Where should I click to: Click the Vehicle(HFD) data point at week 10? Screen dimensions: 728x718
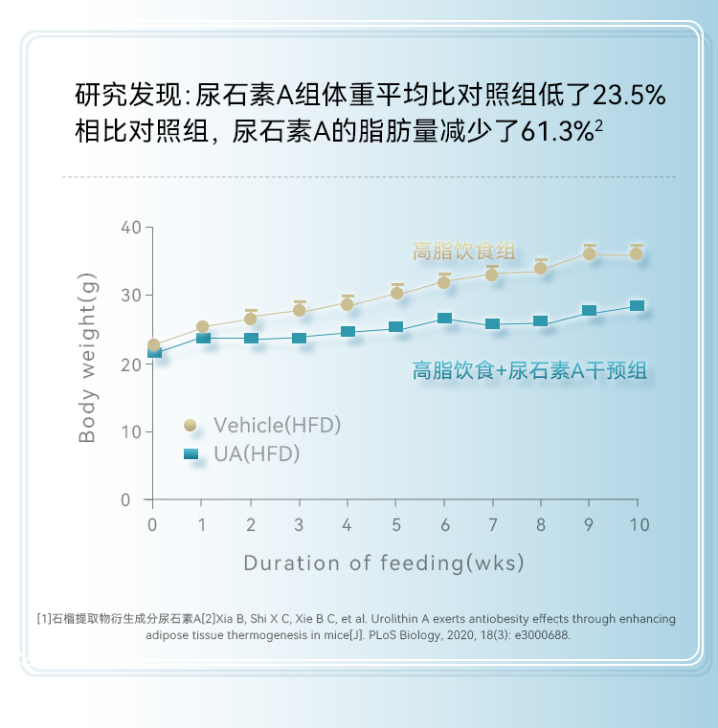point(637,254)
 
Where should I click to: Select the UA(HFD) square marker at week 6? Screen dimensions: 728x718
point(444,319)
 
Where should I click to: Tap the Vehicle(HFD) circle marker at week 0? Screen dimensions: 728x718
point(153,344)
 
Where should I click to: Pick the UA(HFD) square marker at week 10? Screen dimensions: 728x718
point(637,306)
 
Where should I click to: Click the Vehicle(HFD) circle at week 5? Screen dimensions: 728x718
point(396,292)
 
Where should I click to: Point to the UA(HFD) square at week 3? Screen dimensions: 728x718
point(299,338)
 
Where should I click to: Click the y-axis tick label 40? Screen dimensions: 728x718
point(131,228)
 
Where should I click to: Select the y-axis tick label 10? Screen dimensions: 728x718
point(131,431)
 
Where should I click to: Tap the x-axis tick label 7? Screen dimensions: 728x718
point(492,524)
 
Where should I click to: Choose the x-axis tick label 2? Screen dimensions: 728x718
point(251,524)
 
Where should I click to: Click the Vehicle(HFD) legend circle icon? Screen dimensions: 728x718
point(191,425)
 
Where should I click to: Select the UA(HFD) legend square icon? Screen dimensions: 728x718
point(191,453)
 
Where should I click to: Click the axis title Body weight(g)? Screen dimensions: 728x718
point(88,358)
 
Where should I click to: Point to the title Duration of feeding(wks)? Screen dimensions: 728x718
point(384,563)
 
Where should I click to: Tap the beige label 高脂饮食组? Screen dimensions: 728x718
point(464,252)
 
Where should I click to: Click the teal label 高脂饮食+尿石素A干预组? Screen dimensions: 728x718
point(529,370)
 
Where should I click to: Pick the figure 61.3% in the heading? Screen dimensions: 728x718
point(556,132)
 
